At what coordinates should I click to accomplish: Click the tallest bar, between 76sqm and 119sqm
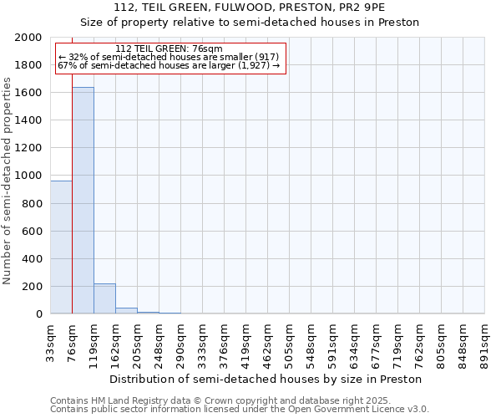pos(83,201)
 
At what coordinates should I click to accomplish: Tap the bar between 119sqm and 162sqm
pos(104,299)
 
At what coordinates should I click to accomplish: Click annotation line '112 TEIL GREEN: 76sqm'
pos(170,49)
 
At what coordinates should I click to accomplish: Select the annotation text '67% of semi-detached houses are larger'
pos(170,65)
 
